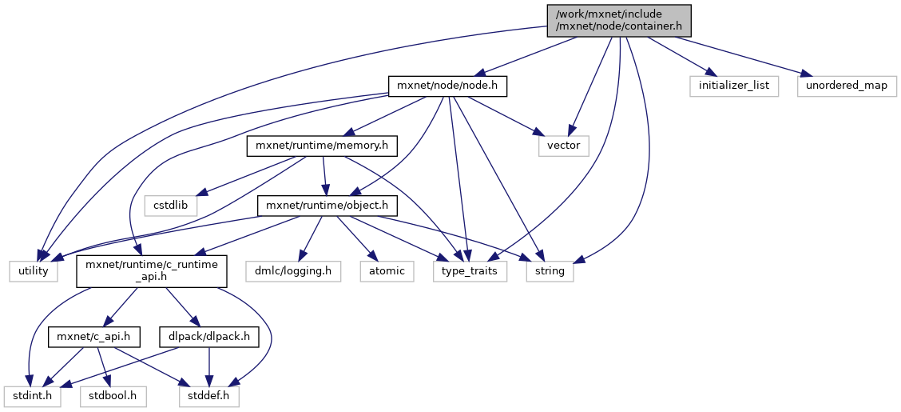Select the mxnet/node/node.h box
coord(447,86)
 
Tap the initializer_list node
coord(734,86)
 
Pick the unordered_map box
coord(846,86)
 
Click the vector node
coord(564,146)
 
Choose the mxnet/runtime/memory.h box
coord(322,146)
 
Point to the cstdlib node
coord(171,205)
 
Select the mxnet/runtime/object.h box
coord(327,205)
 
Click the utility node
coord(34,271)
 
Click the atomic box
coord(387,271)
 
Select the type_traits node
coord(470,271)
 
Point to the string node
coord(550,271)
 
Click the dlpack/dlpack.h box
coord(209,337)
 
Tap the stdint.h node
coord(31,395)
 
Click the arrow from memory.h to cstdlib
coord(240,177)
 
